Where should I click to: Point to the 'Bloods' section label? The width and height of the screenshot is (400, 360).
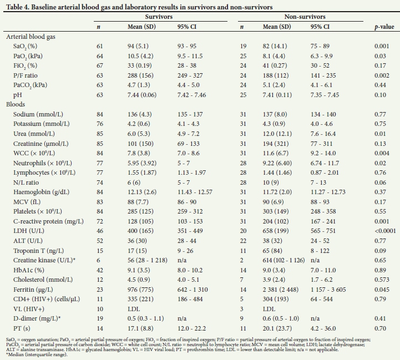[16, 104]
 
